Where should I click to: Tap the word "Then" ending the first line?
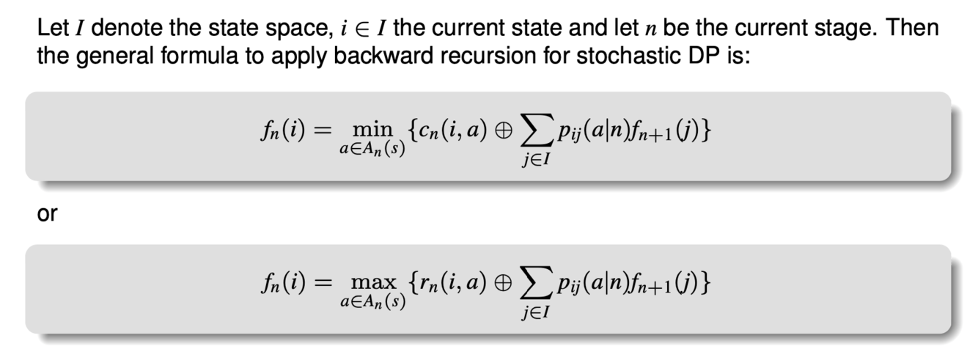coord(918,29)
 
